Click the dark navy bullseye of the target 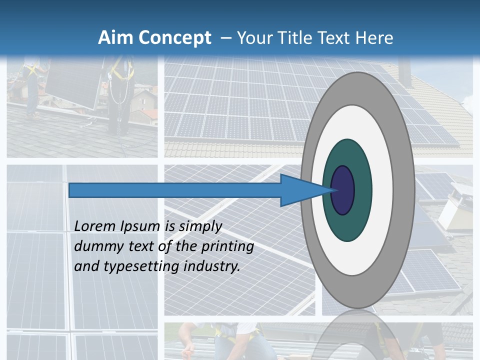343,190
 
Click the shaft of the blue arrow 175,190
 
